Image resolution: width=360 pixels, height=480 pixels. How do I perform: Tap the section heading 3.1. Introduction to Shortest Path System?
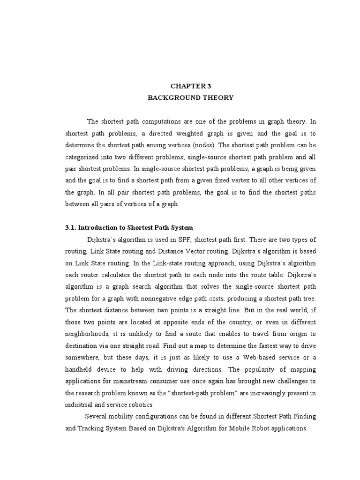pyautogui.click(x=128, y=228)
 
